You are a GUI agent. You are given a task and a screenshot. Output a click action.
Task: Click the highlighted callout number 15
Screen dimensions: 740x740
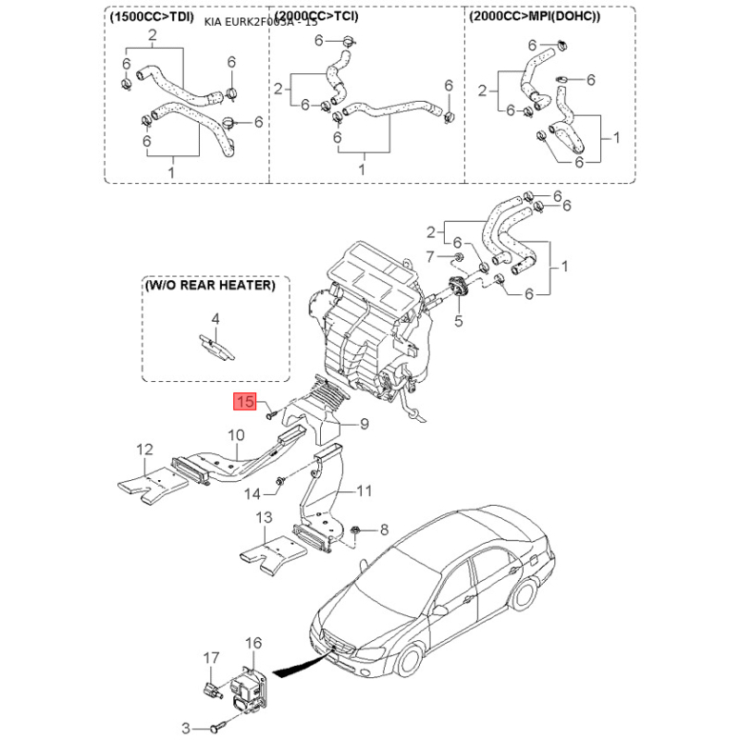click(245, 401)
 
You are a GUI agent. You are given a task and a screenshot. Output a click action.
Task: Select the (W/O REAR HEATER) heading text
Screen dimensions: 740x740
click(209, 286)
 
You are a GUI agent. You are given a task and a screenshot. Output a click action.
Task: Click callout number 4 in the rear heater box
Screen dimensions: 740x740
click(215, 318)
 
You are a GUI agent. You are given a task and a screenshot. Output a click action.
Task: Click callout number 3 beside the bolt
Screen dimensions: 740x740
click(186, 728)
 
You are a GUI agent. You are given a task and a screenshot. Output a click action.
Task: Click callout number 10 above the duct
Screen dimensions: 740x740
click(236, 434)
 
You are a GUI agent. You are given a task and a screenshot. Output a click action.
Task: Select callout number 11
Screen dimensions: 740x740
click(364, 490)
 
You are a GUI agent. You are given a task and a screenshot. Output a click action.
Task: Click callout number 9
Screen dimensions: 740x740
click(364, 425)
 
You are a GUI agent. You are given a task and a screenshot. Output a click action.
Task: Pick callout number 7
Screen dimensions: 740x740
click(429, 254)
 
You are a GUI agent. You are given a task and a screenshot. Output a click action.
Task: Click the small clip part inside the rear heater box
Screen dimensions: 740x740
click(216, 346)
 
